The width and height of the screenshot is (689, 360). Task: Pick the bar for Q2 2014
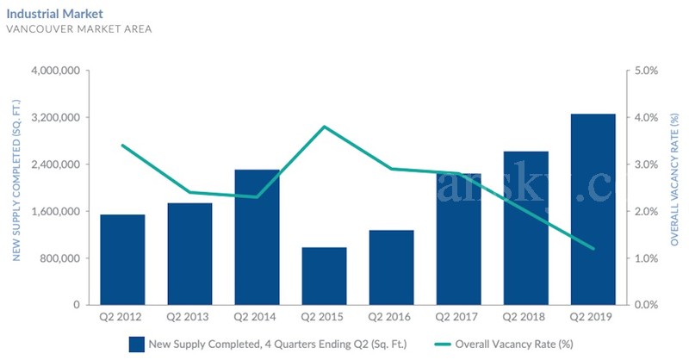[x=257, y=237]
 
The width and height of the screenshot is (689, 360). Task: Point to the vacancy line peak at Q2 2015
[x=324, y=127]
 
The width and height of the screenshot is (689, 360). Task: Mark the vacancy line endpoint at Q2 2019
[x=593, y=249]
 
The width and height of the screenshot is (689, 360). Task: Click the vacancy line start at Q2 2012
[x=122, y=146]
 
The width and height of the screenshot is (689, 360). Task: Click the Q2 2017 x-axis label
[x=458, y=317]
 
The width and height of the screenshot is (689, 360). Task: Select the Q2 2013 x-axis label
[x=189, y=317]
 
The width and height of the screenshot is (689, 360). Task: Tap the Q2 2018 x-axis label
[x=525, y=317]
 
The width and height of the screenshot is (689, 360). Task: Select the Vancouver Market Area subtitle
[x=79, y=29]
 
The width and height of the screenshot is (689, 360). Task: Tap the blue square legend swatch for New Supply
[x=136, y=344]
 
